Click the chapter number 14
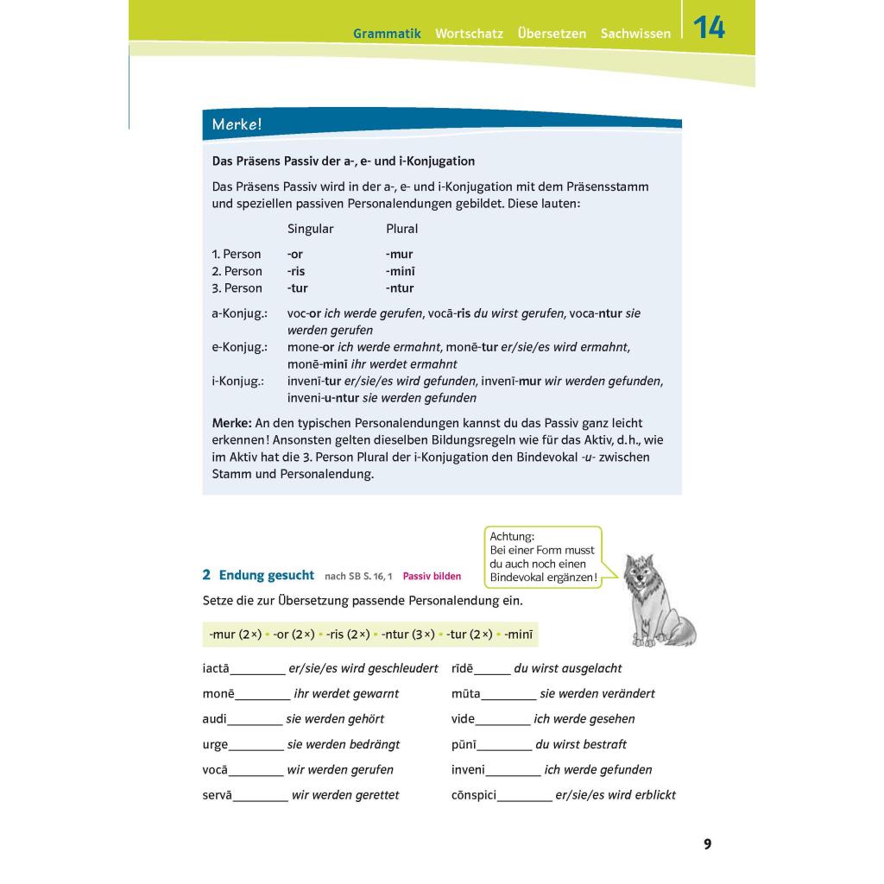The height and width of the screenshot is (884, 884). coord(709,28)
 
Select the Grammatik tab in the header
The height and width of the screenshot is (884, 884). coord(387,34)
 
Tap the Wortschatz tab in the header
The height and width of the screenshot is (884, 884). coord(469,34)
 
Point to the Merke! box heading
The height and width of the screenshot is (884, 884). coord(237,124)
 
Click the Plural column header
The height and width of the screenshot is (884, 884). coord(401,229)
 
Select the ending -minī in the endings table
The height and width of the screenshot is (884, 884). coord(401,271)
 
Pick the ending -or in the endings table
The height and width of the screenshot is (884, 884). coord(295,254)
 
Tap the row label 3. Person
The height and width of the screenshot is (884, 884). coord(237,288)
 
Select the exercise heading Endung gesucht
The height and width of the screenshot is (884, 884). coord(266,575)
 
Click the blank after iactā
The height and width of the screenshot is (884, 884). coord(258,671)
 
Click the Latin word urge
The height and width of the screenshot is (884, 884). coord(215,744)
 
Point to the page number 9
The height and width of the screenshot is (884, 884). coord(707,844)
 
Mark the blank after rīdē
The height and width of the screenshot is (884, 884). coord(493,671)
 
